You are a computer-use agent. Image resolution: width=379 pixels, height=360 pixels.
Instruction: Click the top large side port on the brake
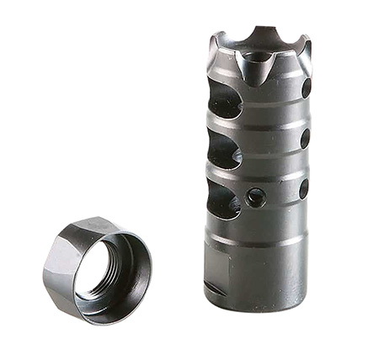coord(224,102)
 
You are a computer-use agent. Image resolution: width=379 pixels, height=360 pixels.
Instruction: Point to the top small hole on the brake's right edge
coord(306,87)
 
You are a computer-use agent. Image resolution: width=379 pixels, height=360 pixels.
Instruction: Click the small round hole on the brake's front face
coord(255,198)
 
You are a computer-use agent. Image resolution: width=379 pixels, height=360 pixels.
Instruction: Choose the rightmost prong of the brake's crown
coord(306,46)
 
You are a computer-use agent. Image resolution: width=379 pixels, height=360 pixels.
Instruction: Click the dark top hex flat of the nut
coord(84,229)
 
